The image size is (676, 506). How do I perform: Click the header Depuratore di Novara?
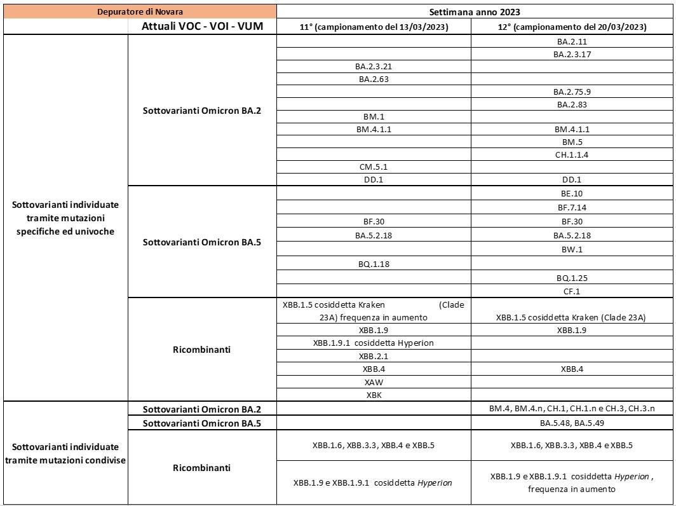[140, 11]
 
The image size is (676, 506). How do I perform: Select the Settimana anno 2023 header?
[475, 11]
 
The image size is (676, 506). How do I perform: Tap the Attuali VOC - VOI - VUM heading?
[202, 27]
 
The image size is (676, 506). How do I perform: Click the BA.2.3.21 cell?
[374, 66]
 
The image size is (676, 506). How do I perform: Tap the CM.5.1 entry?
[374, 167]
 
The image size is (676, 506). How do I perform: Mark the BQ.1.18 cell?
[374, 264]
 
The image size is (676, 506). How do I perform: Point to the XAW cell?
[374, 382]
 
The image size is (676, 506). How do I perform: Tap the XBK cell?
[374, 395]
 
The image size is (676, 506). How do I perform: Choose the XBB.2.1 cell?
[374, 356]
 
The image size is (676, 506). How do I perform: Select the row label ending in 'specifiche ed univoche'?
[65, 218]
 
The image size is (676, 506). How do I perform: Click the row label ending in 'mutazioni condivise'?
[65, 453]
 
